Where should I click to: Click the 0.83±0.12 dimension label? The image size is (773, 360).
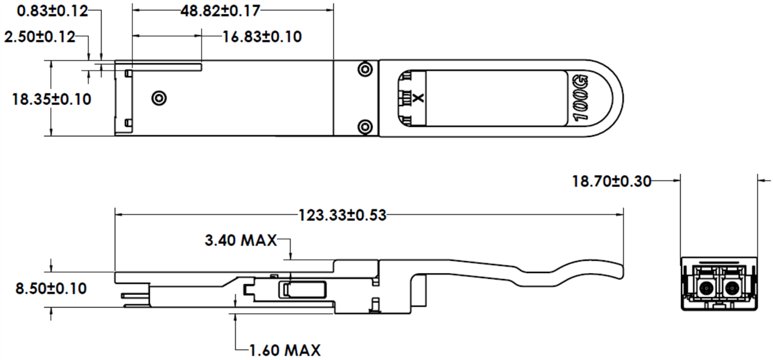click(43, 11)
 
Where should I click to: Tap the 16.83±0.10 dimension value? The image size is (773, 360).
click(262, 37)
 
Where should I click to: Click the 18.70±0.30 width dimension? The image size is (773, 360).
click(612, 182)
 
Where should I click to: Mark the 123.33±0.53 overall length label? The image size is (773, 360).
click(341, 214)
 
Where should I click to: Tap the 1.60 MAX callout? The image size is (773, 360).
click(285, 350)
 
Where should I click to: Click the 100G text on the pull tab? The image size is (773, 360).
click(580, 98)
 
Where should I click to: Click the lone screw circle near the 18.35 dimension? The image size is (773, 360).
click(158, 98)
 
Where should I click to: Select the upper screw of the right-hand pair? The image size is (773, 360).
click(365, 69)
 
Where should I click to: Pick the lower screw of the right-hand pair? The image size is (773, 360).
click(365, 126)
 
